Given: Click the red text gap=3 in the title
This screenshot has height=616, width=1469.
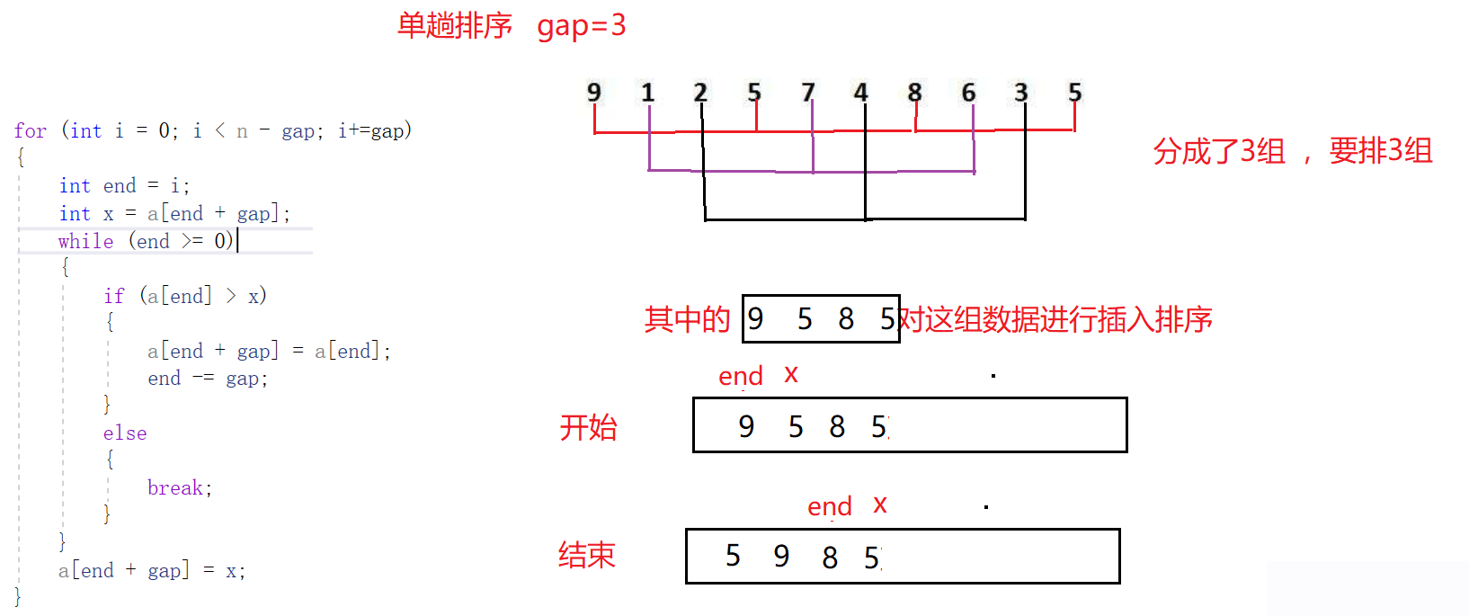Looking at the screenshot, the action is (x=581, y=26).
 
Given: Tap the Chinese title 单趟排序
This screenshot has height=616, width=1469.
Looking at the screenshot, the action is (x=455, y=26).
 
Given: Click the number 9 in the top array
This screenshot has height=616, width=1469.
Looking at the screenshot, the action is (x=593, y=93).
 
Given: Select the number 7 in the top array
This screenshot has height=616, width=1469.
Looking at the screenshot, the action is (x=807, y=93).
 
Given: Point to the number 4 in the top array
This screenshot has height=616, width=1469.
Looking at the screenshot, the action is (x=860, y=93).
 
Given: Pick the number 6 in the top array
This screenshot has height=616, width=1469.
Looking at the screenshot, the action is (x=968, y=93).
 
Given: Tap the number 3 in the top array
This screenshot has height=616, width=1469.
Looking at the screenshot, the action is (x=1021, y=93).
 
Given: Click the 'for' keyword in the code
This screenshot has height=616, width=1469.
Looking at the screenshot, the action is (x=31, y=131).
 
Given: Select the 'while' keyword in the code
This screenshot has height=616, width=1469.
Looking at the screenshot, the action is (x=85, y=241).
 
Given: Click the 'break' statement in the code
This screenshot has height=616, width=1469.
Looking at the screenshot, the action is (x=175, y=487).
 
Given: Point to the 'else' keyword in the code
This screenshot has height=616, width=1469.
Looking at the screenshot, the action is (x=125, y=433).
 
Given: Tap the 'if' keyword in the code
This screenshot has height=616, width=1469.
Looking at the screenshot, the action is (x=114, y=296).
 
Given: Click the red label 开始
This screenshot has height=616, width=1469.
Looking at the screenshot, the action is (x=588, y=427).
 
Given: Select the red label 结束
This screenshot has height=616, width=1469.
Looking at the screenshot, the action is (x=586, y=555).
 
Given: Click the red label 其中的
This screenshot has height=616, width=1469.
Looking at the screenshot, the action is (x=687, y=319).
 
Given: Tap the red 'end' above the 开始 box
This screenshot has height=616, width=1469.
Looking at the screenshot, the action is (x=741, y=376).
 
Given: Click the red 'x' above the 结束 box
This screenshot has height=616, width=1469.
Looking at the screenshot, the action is (x=880, y=505).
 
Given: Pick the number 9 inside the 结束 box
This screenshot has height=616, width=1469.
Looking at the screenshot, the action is (x=781, y=556).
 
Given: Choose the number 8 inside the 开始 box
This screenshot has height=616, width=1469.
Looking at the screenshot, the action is (x=837, y=426).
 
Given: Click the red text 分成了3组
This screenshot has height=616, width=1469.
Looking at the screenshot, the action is (x=1219, y=151).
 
